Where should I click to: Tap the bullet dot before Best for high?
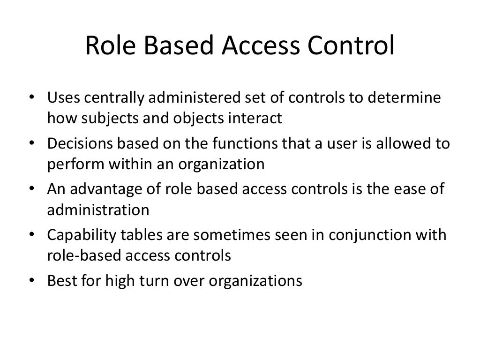tap(31, 281)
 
